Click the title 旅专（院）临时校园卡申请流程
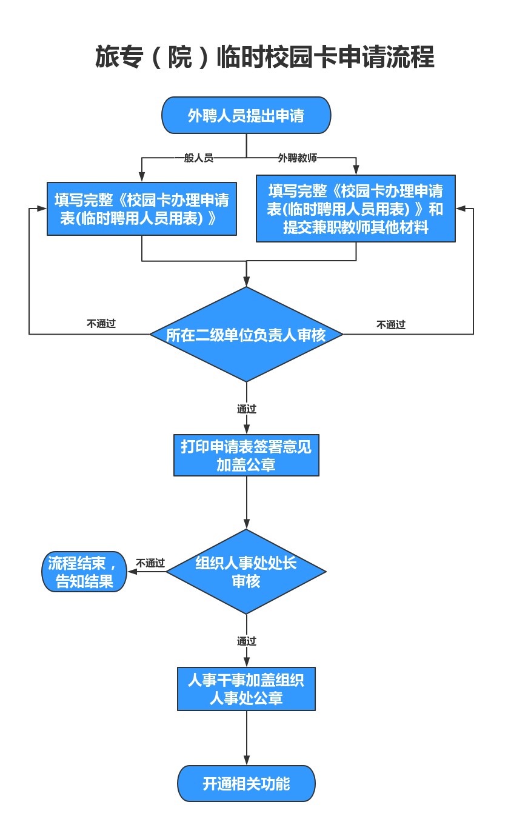(x=264, y=57)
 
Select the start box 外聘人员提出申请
(x=246, y=115)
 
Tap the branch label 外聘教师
(x=298, y=158)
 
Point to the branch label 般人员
(x=199, y=158)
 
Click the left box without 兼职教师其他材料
(x=142, y=209)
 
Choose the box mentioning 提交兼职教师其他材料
(x=356, y=209)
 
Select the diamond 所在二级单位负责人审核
(x=246, y=335)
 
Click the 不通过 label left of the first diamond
(x=101, y=324)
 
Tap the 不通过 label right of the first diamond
(x=391, y=325)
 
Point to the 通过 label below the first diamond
(x=247, y=409)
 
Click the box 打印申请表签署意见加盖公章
(x=246, y=455)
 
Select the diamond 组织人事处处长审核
(x=246, y=572)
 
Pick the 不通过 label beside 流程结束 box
(x=150, y=563)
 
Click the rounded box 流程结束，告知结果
(x=84, y=572)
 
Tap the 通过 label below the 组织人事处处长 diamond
(x=247, y=641)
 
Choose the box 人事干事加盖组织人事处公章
(x=246, y=689)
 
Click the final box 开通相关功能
(x=246, y=783)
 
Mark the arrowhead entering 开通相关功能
(x=247, y=761)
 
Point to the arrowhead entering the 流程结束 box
(x=133, y=572)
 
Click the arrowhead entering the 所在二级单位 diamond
(x=247, y=282)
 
